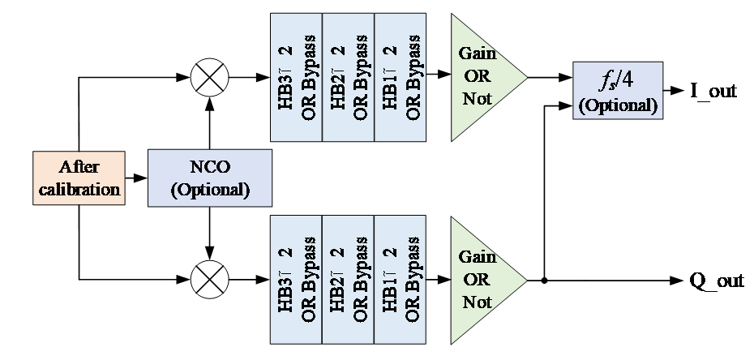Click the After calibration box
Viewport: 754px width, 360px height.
(x=79, y=178)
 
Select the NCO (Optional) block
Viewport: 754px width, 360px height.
(x=209, y=178)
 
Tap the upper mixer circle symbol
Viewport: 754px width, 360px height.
(x=209, y=79)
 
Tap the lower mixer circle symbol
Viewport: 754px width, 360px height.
(x=209, y=280)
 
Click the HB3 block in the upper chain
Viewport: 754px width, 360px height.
(x=296, y=78)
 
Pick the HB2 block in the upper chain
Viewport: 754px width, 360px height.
(x=349, y=78)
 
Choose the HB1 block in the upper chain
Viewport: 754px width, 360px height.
(x=401, y=78)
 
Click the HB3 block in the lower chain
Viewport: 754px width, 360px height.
(x=296, y=279)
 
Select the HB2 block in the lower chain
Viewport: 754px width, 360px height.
(x=349, y=279)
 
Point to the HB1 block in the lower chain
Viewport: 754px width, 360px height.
(x=401, y=279)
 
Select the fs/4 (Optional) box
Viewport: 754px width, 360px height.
(x=618, y=89)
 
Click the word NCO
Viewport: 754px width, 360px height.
(x=209, y=168)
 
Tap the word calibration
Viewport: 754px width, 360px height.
(x=79, y=190)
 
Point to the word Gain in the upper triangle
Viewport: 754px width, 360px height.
(x=478, y=54)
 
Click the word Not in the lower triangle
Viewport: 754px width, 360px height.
(x=477, y=302)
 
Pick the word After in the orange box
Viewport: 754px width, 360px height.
(x=79, y=167)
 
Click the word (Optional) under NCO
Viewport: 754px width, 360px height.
(x=209, y=190)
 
